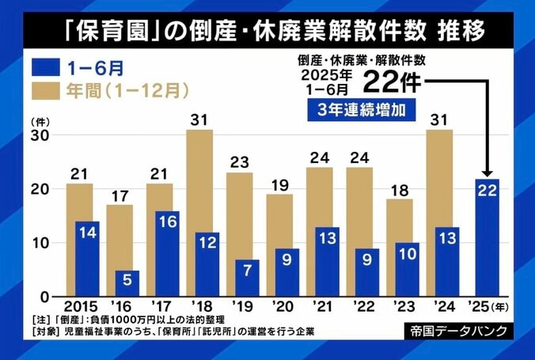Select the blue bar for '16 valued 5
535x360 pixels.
pyautogui.click(x=127, y=282)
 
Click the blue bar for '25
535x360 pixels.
pyautogui.click(x=488, y=237)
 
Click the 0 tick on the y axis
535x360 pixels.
pyautogui.click(x=46, y=297)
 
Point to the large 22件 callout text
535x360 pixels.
pyautogui.click(x=391, y=81)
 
